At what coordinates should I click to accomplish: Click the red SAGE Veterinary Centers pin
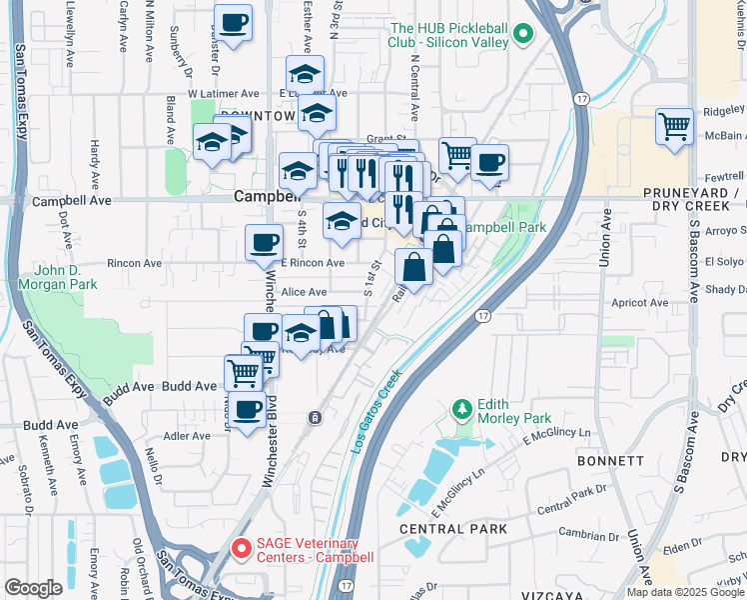[x=241, y=548]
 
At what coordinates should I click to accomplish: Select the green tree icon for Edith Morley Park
[x=461, y=409]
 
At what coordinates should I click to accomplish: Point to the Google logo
[x=33, y=587]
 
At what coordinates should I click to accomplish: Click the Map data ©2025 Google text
[x=685, y=592]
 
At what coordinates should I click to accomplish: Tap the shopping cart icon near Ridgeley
[x=675, y=127]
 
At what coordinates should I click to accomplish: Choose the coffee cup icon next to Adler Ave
[x=248, y=408]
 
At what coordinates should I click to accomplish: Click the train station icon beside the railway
[x=315, y=416]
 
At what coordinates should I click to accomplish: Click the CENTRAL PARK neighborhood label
[x=452, y=528]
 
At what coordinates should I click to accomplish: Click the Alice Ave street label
[x=305, y=291]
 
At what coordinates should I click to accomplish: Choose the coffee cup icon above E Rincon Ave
[x=265, y=242]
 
